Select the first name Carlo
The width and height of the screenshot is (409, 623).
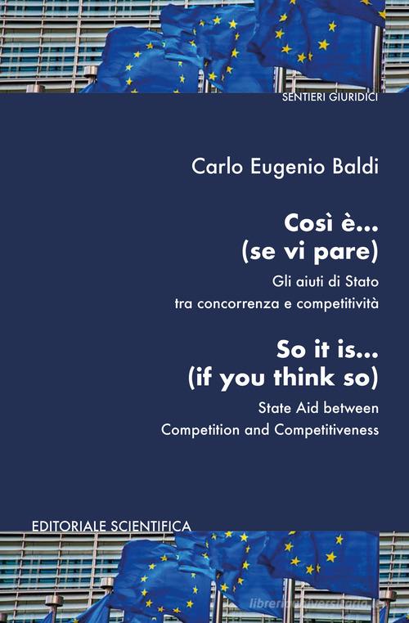click(217, 167)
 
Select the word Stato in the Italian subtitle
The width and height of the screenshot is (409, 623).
click(362, 282)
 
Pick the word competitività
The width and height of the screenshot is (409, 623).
click(338, 304)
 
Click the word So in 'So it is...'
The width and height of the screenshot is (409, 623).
click(287, 350)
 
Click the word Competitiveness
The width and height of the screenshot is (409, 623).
click(326, 430)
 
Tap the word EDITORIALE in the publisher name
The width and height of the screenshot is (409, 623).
click(70, 527)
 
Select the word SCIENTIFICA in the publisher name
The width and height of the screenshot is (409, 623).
click(151, 527)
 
